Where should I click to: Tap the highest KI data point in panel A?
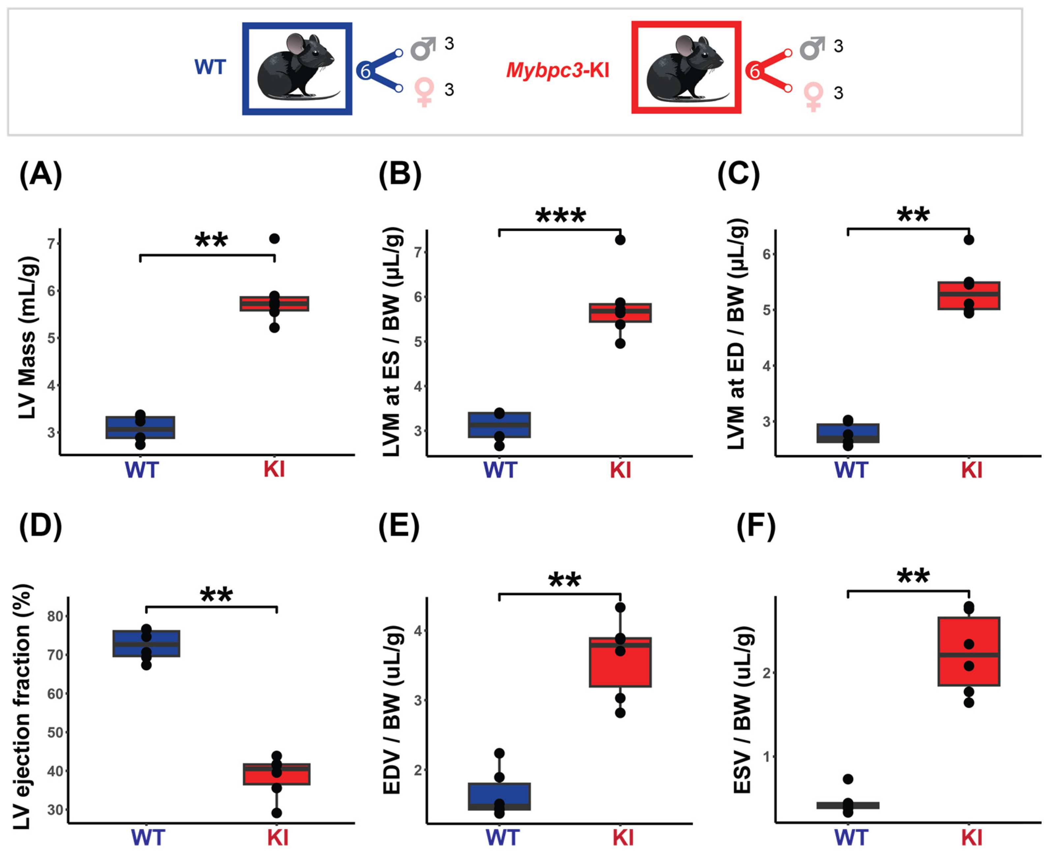coord(274,239)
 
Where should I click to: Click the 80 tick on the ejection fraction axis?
coord(55,616)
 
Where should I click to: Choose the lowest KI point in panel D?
coord(277,813)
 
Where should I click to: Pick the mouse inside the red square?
coord(686,68)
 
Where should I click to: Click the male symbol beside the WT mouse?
coord(423,48)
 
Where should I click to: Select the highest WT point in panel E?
coord(499,753)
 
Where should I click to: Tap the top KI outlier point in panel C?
coord(969,240)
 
